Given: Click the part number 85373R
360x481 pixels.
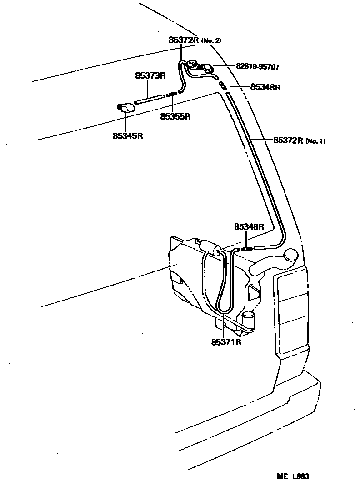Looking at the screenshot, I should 150,76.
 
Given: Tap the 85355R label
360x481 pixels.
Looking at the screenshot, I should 175,116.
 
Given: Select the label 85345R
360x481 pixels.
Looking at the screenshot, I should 128,135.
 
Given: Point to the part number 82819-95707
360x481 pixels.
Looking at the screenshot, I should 257,67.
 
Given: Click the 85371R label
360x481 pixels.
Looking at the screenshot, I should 226,342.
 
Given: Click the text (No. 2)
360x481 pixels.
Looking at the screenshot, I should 211,40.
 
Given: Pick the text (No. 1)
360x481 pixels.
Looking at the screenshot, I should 315,141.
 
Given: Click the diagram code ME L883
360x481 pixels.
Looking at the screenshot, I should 293,476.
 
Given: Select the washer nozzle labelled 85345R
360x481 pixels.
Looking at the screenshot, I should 125,108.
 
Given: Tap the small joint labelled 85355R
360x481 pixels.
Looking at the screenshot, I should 172,94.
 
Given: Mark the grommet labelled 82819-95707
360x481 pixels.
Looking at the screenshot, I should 207,68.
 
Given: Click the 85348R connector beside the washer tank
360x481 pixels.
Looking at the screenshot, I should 246,249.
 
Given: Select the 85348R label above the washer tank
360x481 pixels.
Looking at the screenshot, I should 249,226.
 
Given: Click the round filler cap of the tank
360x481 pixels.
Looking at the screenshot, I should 290,256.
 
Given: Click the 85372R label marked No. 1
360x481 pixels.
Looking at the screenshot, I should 288,140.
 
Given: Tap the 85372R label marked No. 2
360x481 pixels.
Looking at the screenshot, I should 184,40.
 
